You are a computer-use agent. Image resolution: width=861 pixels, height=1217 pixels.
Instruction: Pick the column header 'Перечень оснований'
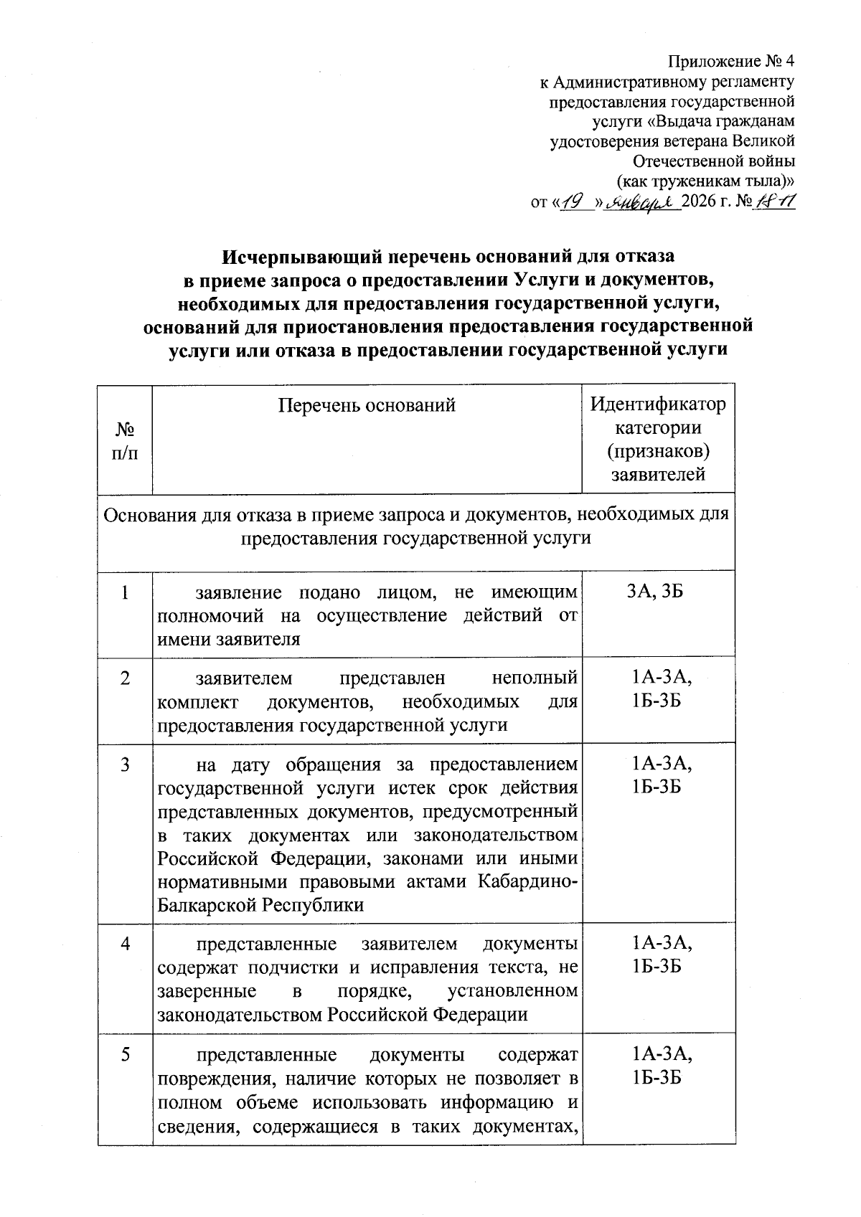pyautogui.click(x=367, y=406)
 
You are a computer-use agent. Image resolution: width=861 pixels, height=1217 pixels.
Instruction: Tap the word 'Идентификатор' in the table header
pyautogui.click(x=657, y=404)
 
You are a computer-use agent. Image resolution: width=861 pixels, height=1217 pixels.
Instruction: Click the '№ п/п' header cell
pyautogui.click(x=125, y=441)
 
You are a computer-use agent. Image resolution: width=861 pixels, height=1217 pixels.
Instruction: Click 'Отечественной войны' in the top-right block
pyautogui.click(x=715, y=161)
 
